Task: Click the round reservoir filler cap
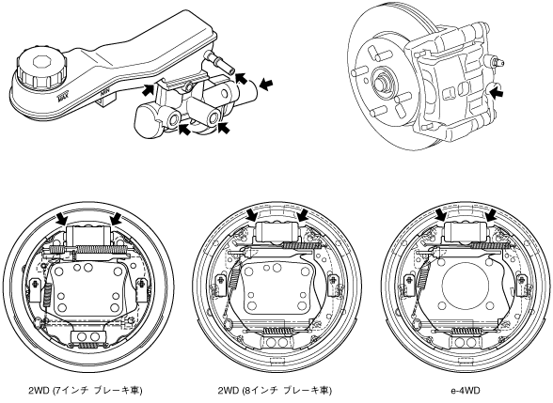point(41,68)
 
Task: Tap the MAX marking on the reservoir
point(63,97)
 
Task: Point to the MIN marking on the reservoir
point(103,94)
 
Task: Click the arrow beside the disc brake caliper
point(497,93)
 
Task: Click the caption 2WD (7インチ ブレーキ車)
point(86,391)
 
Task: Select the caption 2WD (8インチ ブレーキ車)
point(275,391)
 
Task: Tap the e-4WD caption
point(466,391)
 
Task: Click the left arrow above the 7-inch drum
point(62,218)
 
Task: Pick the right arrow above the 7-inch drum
point(116,218)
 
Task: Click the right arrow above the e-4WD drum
point(491,215)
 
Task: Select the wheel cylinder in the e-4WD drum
point(466,231)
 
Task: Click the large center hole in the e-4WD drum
point(466,284)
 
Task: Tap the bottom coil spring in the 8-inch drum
point(277,331)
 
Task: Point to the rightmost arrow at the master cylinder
point(265,84)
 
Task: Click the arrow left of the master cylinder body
point(148,90)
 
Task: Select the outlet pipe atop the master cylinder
point(219,62)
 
